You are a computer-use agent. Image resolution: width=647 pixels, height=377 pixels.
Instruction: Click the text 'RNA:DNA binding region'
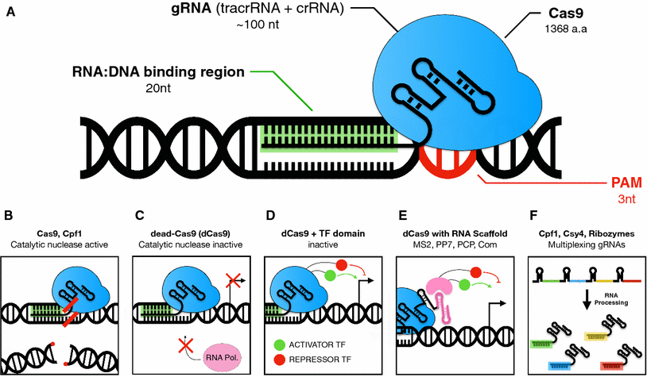pyautogui.click(x=155, y=73)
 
